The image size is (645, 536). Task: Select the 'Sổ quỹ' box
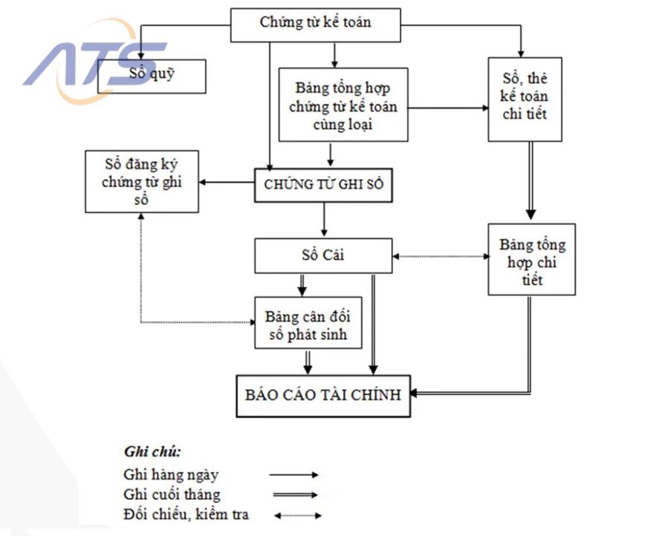152,74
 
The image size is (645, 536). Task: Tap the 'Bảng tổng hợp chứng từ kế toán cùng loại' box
343,105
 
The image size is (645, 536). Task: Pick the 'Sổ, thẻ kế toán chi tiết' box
525,99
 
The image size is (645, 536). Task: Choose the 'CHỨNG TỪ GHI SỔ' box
323,186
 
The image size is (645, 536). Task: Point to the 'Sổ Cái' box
323,255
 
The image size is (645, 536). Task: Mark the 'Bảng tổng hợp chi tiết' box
531,259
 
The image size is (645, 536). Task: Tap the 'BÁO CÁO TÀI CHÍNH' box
323,395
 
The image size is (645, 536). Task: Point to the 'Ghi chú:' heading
152,451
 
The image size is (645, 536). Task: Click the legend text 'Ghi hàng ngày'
172,474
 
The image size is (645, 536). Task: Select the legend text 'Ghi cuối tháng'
172,494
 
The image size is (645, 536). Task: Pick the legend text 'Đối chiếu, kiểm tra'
187,514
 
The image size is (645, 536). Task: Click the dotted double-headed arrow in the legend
296,515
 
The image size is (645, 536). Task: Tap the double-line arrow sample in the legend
294,495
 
